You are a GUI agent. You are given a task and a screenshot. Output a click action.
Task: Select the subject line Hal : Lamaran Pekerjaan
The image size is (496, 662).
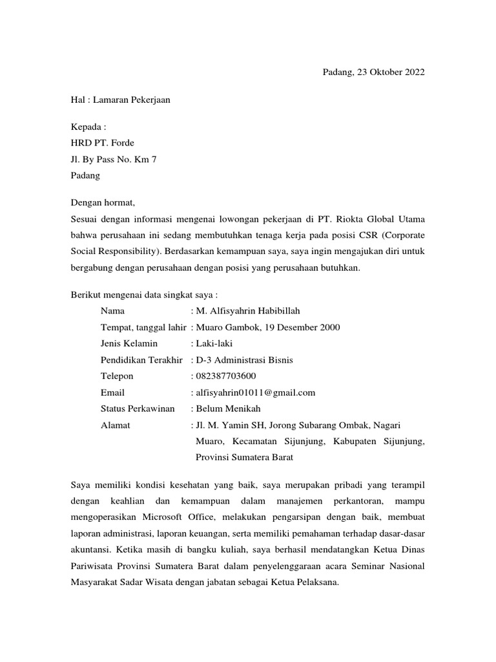[x=120, y=100]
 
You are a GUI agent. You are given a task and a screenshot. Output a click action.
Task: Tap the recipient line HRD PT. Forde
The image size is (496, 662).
[x=102, y=143]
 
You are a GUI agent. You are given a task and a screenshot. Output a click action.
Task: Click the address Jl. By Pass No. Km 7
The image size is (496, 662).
[x=113, y=159]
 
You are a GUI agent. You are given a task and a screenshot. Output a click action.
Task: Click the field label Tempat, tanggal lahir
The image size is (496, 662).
[x=143, y=327]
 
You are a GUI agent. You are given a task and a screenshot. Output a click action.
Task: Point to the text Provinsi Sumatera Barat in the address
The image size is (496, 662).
[x=244, y=457]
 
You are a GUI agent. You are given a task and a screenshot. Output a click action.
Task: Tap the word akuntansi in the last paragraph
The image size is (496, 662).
[x=91, y=550]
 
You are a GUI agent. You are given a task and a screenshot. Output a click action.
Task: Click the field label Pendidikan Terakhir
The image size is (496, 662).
[x=142, y=359]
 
